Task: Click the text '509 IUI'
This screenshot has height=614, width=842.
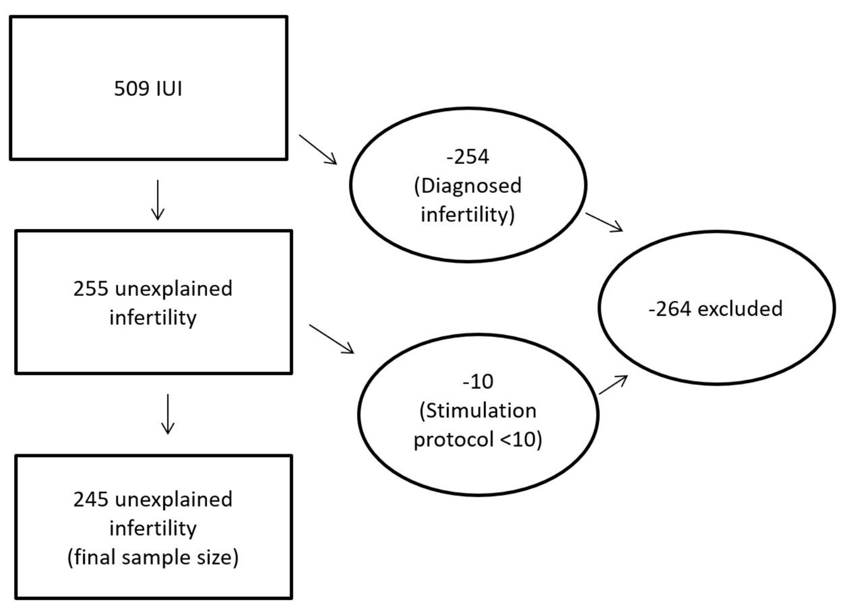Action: [x=148, y=89]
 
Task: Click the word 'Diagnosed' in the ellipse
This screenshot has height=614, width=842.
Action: [x=471, y=185]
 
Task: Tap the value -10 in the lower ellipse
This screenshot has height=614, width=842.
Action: [x=478, y=381]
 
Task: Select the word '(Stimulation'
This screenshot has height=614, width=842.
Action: [x=478, y=411]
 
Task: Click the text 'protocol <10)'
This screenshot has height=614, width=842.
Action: [x=478, y=440]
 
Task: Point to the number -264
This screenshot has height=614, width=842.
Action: [x=669, y=309]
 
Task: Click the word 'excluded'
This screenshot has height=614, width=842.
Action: [x=740, y=309]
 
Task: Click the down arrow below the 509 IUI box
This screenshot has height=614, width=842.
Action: [x=158, y=200]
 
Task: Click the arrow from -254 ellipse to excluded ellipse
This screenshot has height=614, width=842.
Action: [x=604, y=222]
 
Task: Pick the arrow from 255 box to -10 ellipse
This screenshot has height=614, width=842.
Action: [x=331, y=339]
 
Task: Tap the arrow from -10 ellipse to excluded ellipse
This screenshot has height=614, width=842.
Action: [x=613, y=385]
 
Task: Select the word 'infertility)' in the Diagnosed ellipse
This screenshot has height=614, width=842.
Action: [x=467, y=215]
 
